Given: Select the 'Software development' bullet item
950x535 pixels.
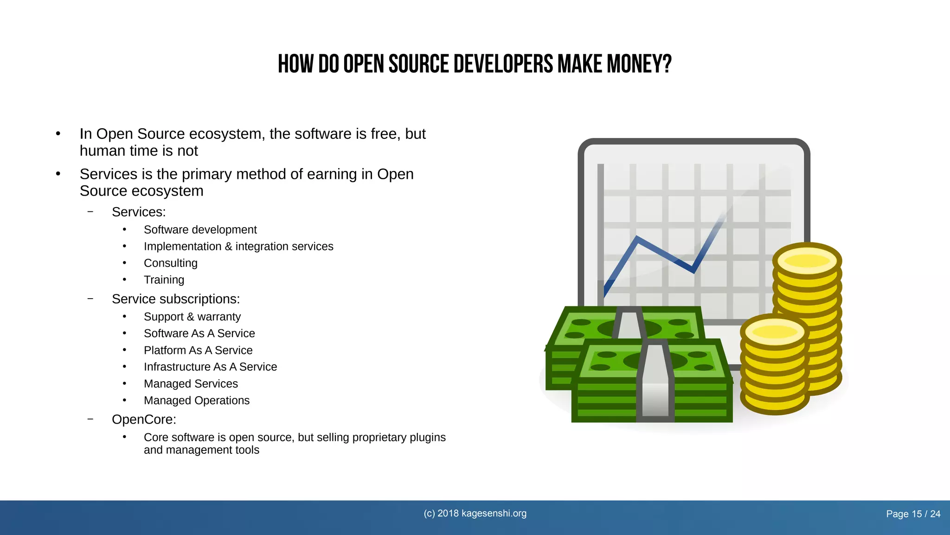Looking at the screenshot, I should [x=200, y=229].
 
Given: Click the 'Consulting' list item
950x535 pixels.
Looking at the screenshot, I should [x=170, y=263].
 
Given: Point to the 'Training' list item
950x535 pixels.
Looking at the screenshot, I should [x=164, y=280].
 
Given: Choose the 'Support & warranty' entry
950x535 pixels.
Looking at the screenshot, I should [x=192, y=317].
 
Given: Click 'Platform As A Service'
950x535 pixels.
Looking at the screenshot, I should [x=198, y=350].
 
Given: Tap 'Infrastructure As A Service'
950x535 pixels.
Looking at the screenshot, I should [x=210, y=367].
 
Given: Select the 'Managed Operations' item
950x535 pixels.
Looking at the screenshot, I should [x=196, y=400].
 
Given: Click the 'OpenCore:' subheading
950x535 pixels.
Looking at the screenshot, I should [x=144, y=419].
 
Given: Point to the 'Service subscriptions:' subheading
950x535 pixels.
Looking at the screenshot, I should [x=176, y=299].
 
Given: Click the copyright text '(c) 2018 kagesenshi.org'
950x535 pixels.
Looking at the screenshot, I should [x=475, y=513].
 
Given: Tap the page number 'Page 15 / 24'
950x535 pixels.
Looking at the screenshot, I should [x=913, y=514].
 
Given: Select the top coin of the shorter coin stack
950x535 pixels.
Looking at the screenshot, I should [x=774, y=332].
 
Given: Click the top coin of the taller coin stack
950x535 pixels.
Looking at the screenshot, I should [x=807, y=260].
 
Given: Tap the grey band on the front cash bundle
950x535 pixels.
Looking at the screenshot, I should [x=655, y=381].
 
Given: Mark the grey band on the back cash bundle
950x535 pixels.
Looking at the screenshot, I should [x=629, y=323].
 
